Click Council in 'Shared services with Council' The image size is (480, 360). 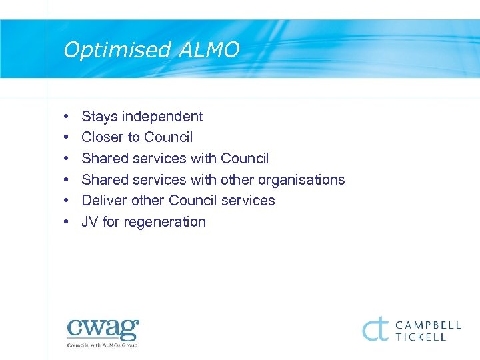(x=244, y=159)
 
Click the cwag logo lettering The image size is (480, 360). (x=103, y=329)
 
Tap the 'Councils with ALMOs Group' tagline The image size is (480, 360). (x=102, y=345)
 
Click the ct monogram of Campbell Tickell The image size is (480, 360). (x=375, y=329)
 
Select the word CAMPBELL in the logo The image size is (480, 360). (x=428, y=325)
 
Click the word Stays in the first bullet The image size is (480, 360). (x=99, y=117)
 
